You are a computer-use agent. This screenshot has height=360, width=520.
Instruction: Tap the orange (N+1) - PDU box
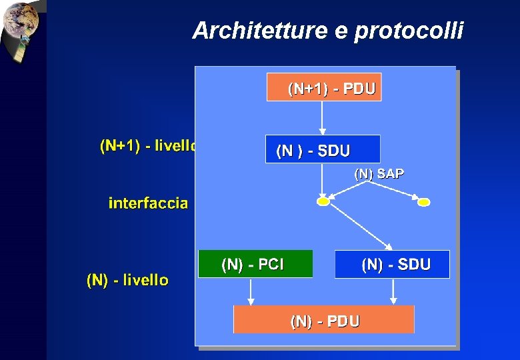coord(324,87)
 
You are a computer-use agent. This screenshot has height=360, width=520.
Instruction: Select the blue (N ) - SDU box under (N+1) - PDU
coord(323,149)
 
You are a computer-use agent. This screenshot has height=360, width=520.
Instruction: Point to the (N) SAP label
coord(379,174)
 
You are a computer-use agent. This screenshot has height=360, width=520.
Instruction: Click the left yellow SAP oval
coord(323,201)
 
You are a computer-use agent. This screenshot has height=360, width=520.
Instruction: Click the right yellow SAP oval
coord(423,201)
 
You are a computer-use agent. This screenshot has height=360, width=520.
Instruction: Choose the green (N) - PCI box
coord(255,264)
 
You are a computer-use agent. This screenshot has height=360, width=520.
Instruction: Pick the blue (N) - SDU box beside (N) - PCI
coord(392,264)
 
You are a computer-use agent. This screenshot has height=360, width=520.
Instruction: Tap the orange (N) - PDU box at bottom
coord(323,320)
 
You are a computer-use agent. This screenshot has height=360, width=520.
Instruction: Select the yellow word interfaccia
coord(148,203)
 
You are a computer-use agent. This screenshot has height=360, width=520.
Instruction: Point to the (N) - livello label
coord(127,280)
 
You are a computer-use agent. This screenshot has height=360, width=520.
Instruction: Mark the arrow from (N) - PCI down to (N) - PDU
coord(251,291)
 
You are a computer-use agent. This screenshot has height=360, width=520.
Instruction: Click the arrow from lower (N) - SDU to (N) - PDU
coord(393,291)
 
